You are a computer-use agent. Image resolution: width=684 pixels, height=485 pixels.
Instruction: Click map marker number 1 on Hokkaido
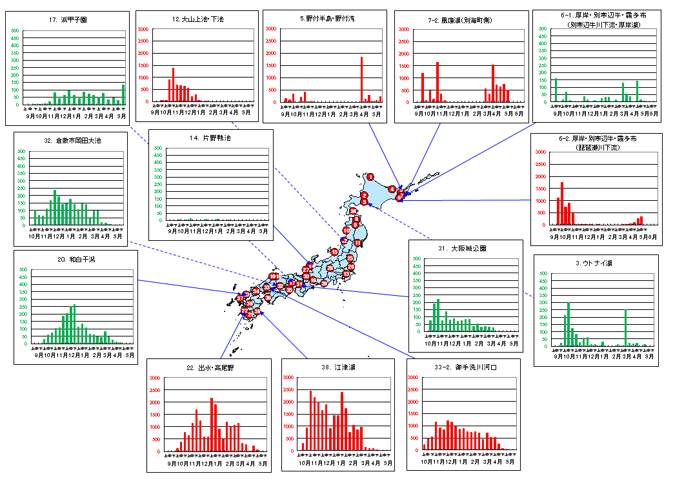(x=370, y=176)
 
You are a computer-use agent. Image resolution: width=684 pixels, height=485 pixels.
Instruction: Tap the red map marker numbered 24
(x=353, y=211)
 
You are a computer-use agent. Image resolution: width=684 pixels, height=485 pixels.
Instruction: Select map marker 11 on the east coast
(x=357, y=243)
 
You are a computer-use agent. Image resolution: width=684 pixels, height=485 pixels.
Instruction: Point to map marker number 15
(x=334, y=251)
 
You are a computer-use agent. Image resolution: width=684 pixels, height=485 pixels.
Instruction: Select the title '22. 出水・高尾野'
(x=208, y=367)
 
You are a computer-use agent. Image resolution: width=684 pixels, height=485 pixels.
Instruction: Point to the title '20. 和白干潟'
(x=75, y=259)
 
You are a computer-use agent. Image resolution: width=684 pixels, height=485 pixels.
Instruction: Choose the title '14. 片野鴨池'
(x=211, y=138)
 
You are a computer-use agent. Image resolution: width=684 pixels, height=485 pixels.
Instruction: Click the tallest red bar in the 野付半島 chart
(x=361, y=79)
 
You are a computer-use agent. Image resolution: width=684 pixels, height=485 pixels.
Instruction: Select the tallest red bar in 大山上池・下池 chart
(x=173, y=84)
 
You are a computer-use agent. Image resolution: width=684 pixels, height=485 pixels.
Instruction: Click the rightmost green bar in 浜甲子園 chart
(x=123, y=94)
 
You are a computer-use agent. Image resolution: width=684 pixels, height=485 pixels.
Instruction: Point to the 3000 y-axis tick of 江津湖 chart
(x=288, y=378)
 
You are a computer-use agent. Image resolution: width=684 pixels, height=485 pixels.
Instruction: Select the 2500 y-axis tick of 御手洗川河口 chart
(x=413, y=390)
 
